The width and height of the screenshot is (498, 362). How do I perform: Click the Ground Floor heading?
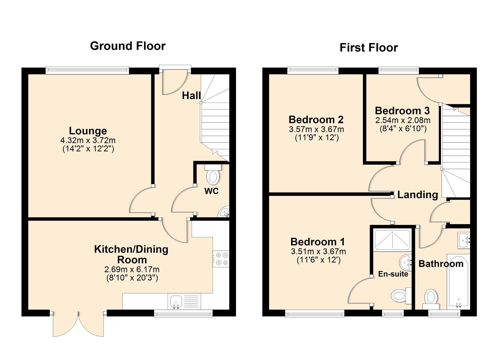127,46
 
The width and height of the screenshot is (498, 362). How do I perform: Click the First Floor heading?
368,48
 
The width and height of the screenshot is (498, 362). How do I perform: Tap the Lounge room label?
88,131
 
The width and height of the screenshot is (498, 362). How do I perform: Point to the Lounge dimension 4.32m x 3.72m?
88,140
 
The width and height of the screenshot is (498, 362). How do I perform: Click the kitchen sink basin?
175,301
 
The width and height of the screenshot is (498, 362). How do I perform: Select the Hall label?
191,96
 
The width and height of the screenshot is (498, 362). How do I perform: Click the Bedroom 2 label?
316,119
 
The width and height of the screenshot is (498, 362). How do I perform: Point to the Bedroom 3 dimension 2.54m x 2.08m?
402,120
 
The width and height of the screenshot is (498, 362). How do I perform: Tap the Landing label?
418,195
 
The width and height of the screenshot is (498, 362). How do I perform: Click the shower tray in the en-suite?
392,240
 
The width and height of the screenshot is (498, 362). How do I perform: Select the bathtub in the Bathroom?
458,282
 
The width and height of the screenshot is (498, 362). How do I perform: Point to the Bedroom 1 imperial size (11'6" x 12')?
319,260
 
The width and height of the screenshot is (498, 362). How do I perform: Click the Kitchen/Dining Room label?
131,254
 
